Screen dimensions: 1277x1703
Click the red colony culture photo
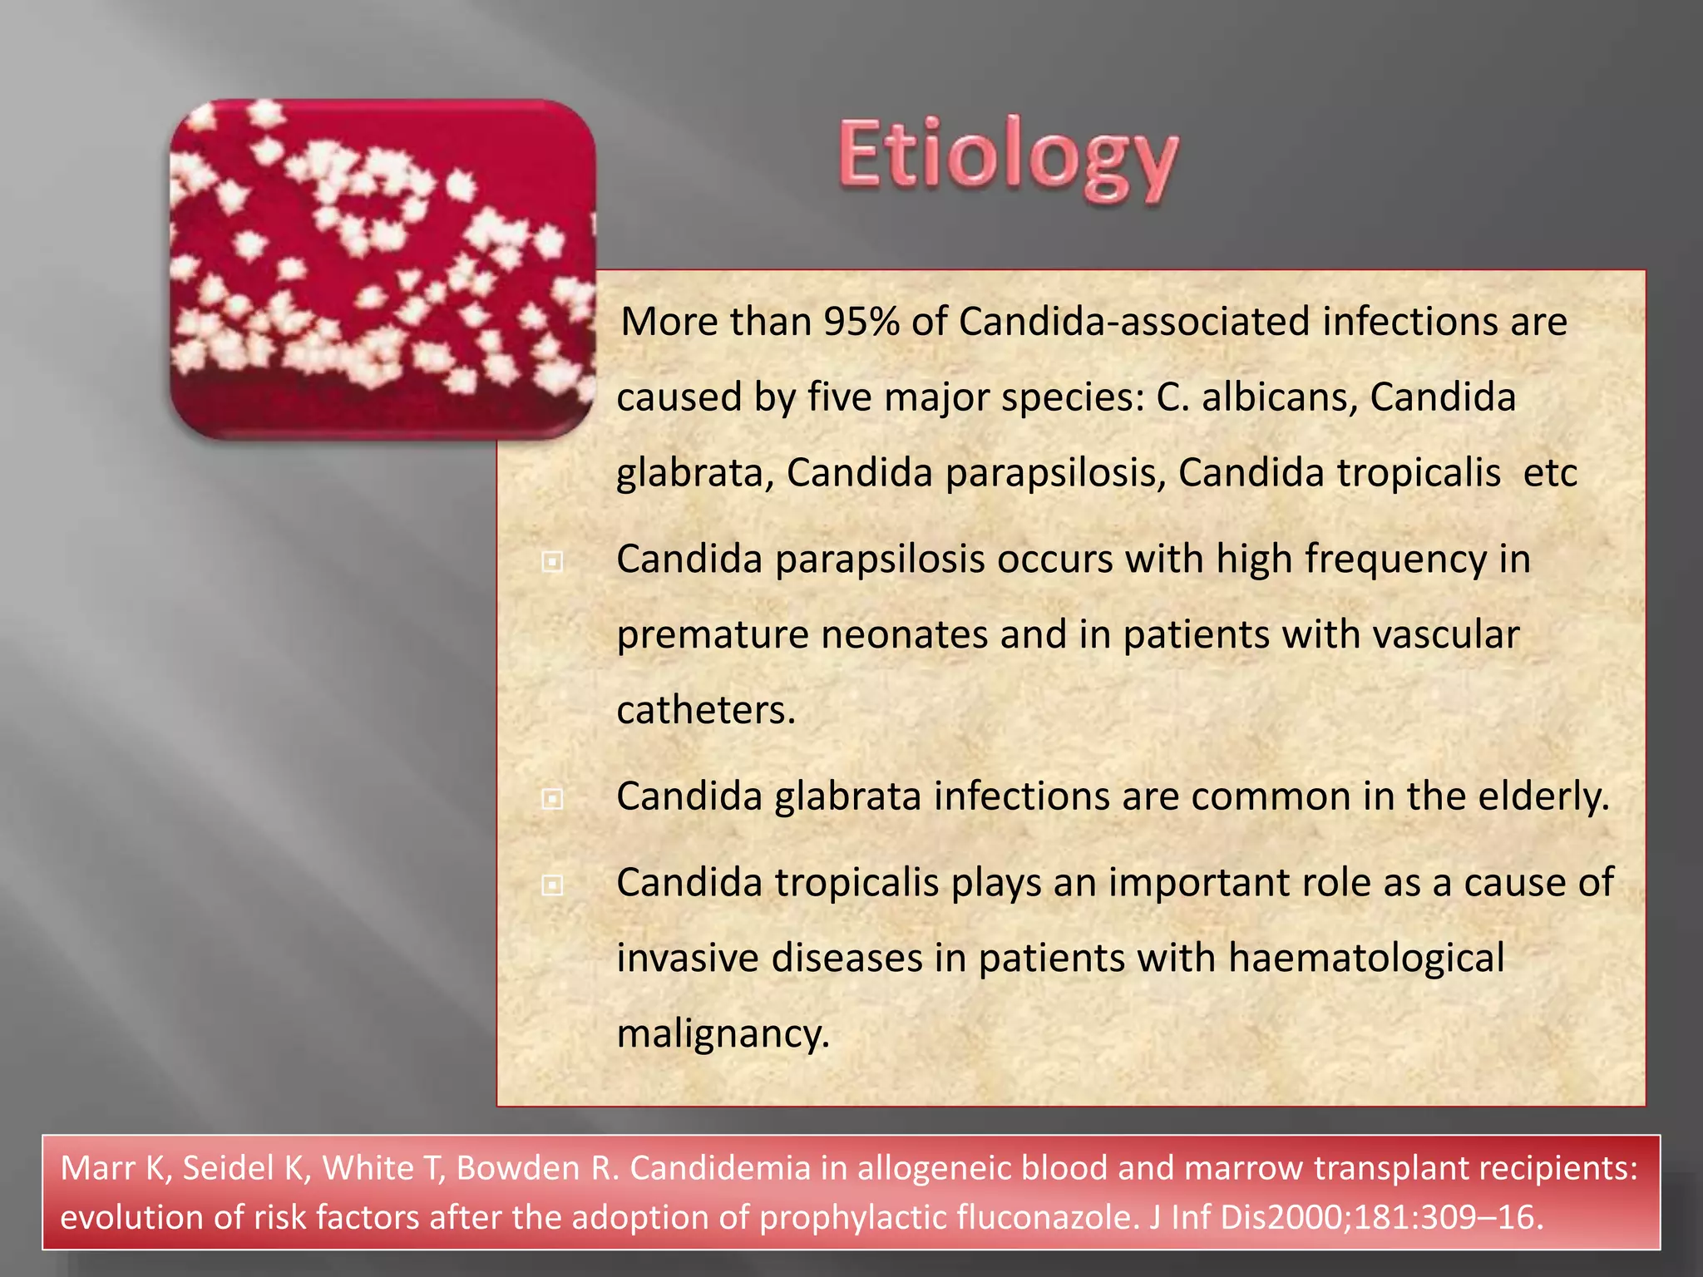point(383,269)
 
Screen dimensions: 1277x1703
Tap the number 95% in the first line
point(861,322)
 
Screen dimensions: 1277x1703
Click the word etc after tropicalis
point(1550,473)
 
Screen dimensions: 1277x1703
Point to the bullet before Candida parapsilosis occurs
point(552,563)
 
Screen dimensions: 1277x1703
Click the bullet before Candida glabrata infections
point(552,800)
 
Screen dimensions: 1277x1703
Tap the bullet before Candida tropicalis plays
point(552,885)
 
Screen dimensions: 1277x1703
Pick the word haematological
point(1366,958)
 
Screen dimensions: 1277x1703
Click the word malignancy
point(723,1034)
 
